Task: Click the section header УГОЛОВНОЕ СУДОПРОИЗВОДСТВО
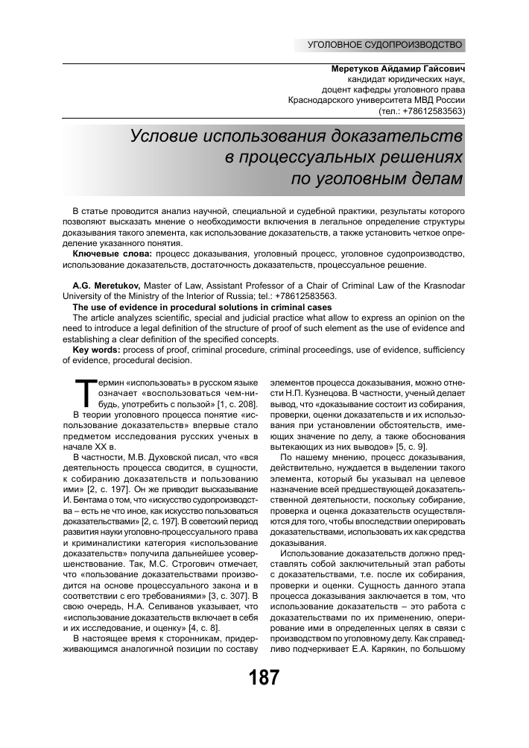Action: coord(385,45)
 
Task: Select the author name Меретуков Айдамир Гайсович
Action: coord(398,68)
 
